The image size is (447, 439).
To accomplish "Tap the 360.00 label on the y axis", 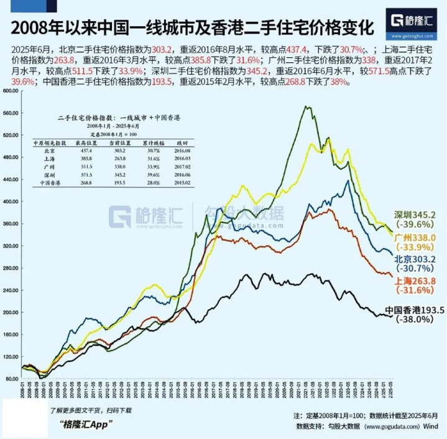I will [11, 223].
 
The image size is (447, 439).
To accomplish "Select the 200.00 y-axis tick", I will [11, 312].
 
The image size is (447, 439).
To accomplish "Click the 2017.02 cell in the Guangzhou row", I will [173, 167].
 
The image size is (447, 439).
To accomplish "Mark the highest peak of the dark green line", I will [307, 106].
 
